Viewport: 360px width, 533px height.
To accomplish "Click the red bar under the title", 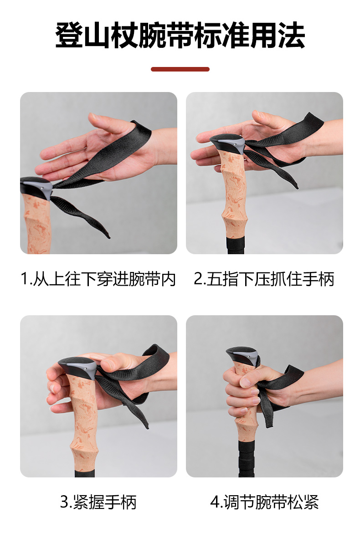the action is [180, 69].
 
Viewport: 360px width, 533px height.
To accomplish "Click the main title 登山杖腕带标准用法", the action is [180, 36].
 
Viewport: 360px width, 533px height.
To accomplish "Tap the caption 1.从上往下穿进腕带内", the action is [98, 279].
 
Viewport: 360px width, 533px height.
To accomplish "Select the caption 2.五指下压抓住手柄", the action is [264, 279].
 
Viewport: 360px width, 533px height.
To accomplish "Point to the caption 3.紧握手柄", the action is [98, 502].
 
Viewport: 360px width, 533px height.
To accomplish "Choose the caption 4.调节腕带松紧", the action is [264, 502].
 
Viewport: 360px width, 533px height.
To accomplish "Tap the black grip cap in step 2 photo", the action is [227, 144].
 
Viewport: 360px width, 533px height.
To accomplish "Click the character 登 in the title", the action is [69, 36].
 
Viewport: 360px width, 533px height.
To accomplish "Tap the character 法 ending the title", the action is [292, 36].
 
